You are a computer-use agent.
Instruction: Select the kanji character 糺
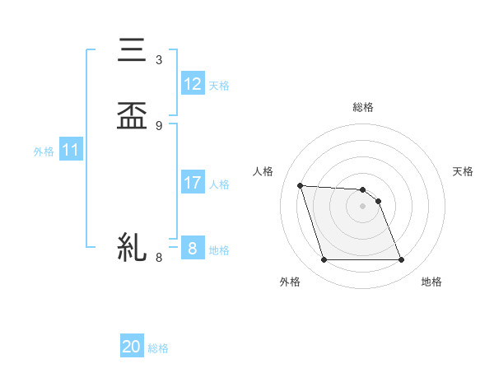132,247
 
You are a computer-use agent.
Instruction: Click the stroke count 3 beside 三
159,60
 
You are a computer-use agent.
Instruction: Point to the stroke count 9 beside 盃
159,126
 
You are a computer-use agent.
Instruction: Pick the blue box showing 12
193,84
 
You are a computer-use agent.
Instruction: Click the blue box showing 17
193,183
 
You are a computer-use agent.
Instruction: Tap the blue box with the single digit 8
193,249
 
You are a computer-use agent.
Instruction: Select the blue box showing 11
71,151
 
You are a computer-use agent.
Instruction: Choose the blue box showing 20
132,347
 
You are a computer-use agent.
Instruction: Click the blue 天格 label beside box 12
219,86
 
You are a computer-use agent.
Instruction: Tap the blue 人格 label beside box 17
219,184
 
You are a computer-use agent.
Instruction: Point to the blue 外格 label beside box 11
44,152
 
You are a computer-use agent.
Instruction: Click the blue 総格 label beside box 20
158,348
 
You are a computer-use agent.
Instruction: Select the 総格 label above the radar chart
363,107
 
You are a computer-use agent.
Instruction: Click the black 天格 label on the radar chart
464,171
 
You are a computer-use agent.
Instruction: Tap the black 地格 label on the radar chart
431,282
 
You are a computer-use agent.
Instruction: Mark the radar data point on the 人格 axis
301,185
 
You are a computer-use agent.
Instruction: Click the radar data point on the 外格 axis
324,260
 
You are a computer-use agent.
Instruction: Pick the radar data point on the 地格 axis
402,260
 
